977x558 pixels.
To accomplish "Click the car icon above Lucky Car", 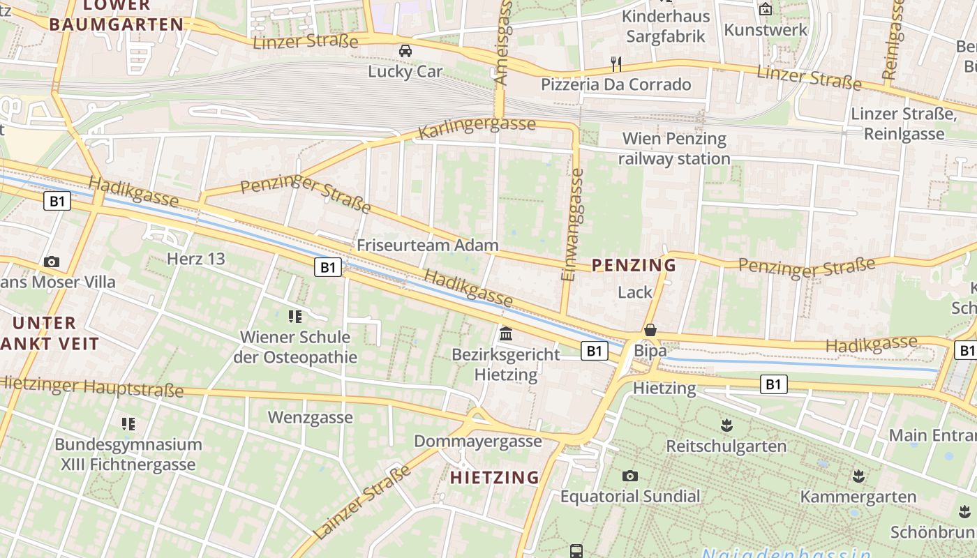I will (x=405, y=51).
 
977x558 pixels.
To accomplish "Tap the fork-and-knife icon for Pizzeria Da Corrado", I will (x=616, y=64).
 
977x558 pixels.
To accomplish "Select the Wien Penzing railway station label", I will (x=674, y=149).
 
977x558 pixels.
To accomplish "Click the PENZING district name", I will (x=634, y=265).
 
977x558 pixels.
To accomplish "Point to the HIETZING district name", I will (x=495, y=478).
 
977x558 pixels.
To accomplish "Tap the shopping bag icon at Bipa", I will (x=650, y=330).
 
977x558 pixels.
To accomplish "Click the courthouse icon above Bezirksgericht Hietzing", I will (x=506, y=333).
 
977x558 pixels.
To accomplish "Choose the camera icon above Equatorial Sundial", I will (x=630, y=476).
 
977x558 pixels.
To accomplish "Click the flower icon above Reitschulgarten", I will (x=726, y=425).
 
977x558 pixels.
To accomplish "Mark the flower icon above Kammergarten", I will (x=858, y=476).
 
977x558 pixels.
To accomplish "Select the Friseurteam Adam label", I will (x=428, y=246).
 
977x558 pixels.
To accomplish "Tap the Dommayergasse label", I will (x=478, y=442).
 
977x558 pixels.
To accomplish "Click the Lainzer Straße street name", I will (x=361, y=503).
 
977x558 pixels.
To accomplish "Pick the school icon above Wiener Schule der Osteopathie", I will (x=295, y=317).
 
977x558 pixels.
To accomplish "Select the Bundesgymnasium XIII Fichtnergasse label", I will (x=128, y=454).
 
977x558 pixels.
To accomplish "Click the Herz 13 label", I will (x=196, y=259).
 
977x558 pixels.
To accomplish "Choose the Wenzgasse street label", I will (x=311, y=418).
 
